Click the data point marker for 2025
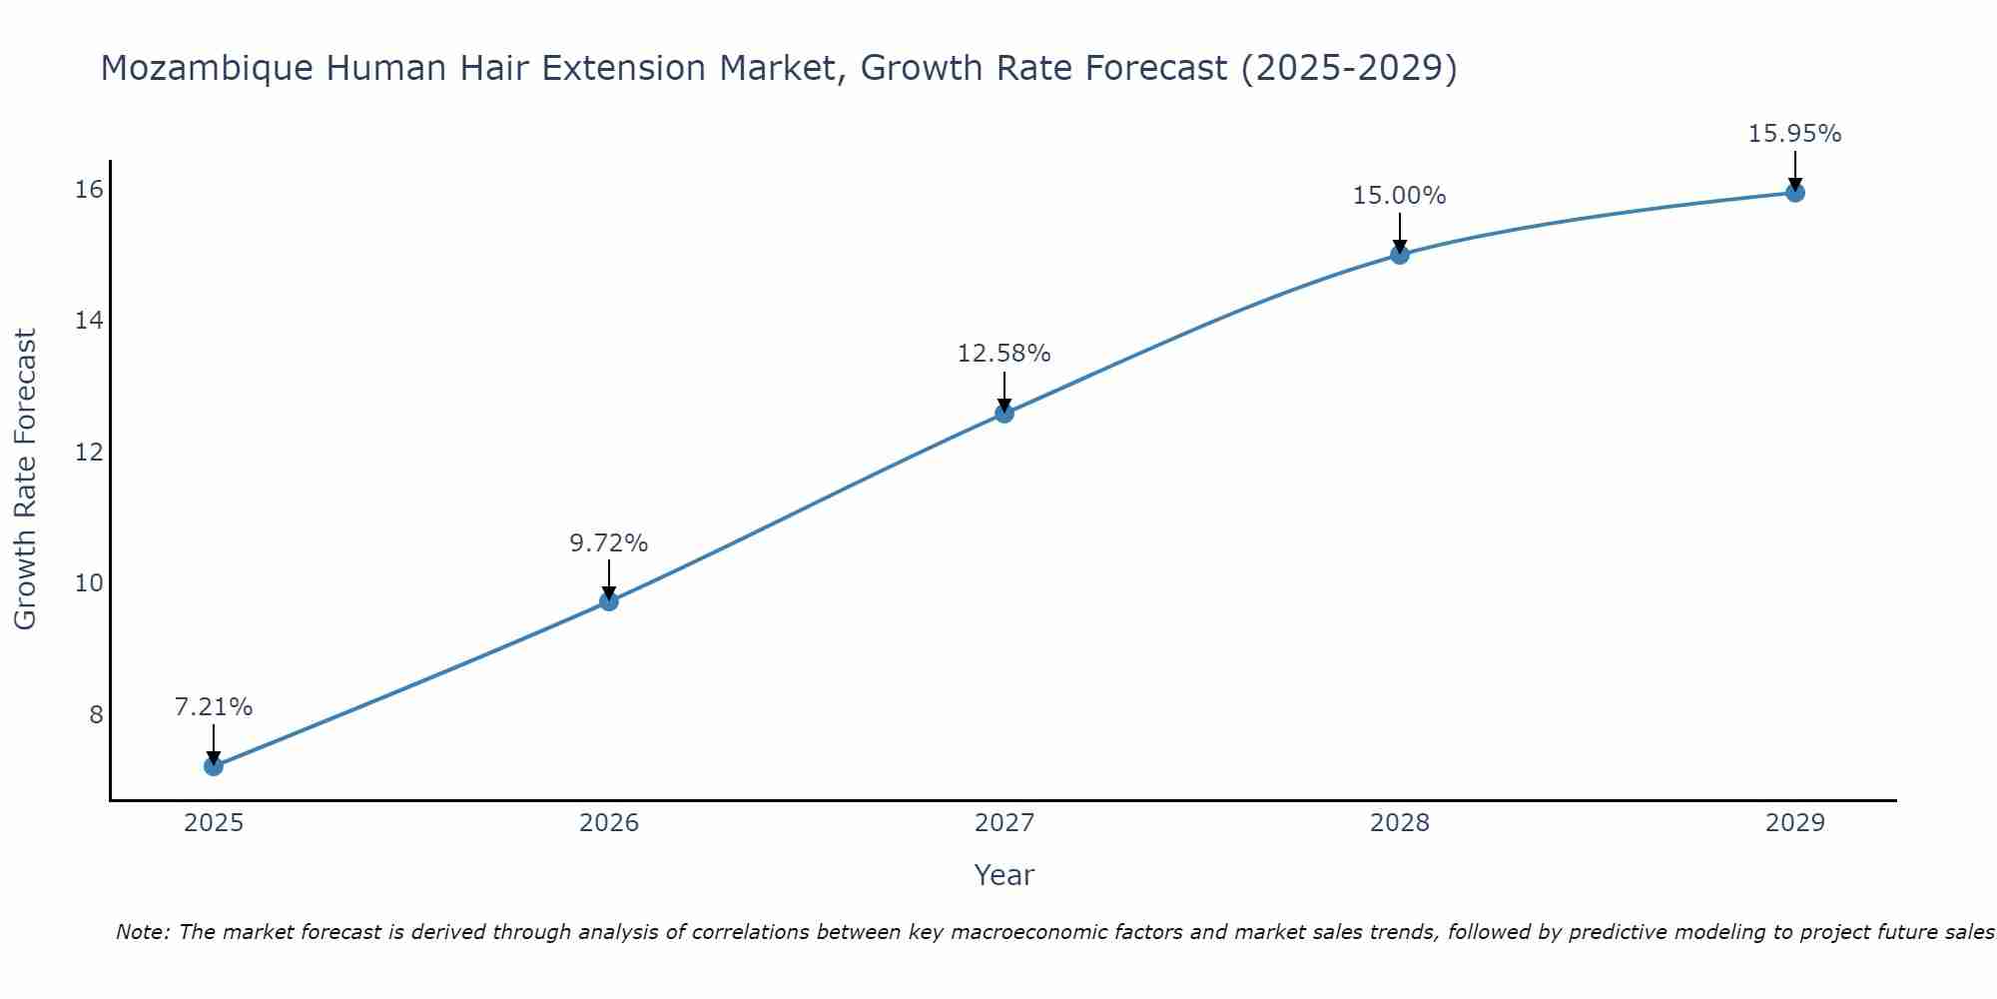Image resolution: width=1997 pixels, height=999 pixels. pyautogui.click(x=214, y=766)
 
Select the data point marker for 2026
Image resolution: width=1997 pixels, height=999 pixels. pyautogui.click(x=609, y=601)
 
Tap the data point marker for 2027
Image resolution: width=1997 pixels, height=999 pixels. pyautogui.click(x=1004, y=414)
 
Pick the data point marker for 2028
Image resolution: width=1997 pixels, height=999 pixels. pyautogui.click(x=1400, y=255)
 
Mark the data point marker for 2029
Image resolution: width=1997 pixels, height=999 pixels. pyautogui.click(x=1795, y=193)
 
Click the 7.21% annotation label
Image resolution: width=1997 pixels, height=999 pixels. pyautogui.click(x=214, y=707)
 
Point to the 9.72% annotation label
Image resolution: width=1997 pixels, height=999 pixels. pyautogui.click(x=609, y=543)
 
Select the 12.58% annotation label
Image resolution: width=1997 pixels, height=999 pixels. pyautogui.click(x=1004, y=354)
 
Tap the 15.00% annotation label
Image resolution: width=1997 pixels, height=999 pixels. pyautogui.click(x=1400, y=196)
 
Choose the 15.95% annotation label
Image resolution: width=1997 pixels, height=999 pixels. pyautogui.click(x=1795, y=134)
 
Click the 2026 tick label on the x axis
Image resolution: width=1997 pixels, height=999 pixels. pyautogui.click(x=609, y=823)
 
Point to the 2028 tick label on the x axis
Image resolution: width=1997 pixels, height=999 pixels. pyautogui.click(x=1400, y=823)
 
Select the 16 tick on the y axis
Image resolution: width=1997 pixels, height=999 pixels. pyautogui.click(x=89, y=189)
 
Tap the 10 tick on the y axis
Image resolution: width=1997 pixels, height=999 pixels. pyautogui.click(x=89, y=582)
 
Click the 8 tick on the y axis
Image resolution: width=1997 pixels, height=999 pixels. pyautogui.click(x=96, y=714)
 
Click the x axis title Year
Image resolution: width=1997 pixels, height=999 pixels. pyautogui.click(x=1004, y=875)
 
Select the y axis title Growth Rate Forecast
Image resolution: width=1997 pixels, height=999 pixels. pyautogui.click(x=26, y=480)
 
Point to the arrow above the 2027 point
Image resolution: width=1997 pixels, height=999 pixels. pyautogui.click(x=1004, y=391)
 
